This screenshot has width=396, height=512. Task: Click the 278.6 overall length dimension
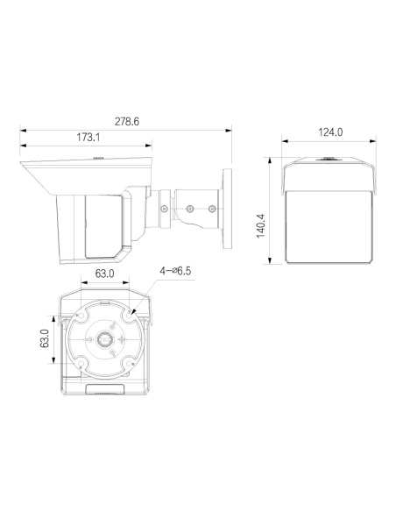point(126,122)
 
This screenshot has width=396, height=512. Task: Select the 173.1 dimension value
point(88,137)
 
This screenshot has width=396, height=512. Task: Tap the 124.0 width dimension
point(330,132)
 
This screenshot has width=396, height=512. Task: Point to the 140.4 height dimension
point(261,226)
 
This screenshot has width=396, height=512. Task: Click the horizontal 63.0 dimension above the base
point(104,274)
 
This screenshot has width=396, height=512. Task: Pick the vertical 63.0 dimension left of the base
point(45,338)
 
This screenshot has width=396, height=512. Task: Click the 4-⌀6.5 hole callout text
point(175,271)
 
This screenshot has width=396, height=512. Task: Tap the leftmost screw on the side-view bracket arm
point(165,208)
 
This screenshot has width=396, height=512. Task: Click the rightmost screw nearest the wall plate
point(212,208)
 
